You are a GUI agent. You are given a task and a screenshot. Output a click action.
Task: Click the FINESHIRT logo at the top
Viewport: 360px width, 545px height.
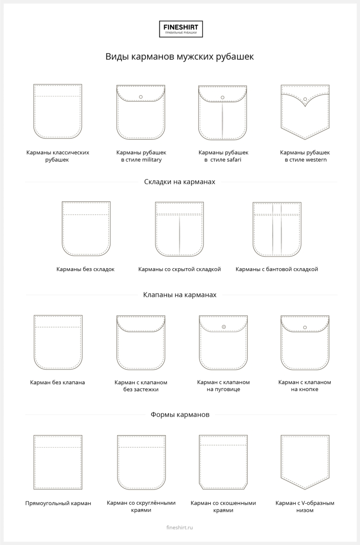[181, 29]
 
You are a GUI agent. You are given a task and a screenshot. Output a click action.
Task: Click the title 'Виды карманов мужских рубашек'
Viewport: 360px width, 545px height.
[180, 57]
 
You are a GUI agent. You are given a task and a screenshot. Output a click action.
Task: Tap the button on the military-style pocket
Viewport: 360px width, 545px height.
[141, 97]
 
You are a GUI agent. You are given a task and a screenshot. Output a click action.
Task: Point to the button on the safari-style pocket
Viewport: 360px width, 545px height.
[223, 97]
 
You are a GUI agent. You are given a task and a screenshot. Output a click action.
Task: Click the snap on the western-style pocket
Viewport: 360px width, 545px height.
[305, 99]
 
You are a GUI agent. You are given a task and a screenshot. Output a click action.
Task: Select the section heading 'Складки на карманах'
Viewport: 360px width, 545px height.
[180, 182]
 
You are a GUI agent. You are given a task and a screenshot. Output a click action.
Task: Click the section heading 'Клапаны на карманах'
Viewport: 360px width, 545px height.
[180, 295]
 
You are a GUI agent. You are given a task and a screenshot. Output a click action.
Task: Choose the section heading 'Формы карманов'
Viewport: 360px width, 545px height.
[180, 415]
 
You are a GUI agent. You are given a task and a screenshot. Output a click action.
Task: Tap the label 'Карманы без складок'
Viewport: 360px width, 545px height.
[85, 269]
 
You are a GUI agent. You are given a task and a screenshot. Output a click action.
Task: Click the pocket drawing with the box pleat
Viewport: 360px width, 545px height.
[277, 229]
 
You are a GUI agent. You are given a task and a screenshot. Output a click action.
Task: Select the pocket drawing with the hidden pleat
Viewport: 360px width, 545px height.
[179, 229]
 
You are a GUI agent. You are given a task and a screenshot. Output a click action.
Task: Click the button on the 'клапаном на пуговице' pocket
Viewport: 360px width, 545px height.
[224, 327]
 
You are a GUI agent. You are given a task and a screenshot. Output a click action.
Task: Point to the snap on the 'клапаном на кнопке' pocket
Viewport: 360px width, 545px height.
[305, 327]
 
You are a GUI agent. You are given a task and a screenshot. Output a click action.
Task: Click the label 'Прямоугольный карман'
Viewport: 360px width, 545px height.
[58, 503]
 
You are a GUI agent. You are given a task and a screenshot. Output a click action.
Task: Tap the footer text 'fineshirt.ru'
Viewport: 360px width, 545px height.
[179, 527]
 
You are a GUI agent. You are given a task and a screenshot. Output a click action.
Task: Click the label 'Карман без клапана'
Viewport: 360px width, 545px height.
[58, 382]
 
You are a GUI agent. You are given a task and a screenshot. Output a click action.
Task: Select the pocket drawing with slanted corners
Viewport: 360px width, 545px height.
[223, 462]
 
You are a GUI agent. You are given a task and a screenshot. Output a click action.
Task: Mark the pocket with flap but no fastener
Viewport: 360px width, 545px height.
[141, 343]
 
